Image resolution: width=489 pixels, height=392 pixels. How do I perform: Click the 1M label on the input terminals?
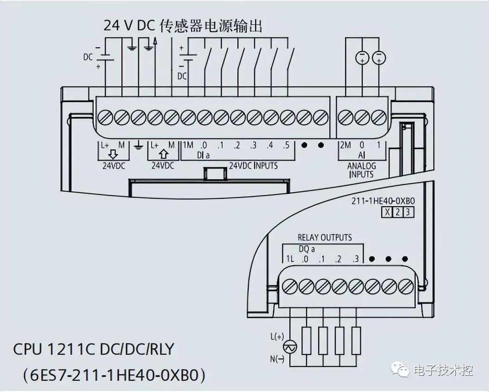[188, 145]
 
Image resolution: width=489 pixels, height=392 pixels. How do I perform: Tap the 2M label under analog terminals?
[345, 145]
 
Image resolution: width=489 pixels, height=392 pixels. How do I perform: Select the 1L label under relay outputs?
[290, 259]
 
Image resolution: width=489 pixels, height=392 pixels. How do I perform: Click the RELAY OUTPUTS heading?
[325, 238]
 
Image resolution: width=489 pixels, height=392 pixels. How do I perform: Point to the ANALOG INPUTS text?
[361, 170]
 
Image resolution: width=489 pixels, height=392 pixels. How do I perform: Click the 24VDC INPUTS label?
[253, 165]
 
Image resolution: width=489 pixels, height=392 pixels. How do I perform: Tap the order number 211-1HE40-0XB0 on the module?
[383, 201]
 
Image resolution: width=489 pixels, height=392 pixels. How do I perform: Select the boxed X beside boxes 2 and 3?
[386, 213]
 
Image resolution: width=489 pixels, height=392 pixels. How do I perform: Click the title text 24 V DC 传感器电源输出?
[183, 26]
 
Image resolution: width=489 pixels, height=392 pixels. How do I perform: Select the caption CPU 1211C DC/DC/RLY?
[93, 349]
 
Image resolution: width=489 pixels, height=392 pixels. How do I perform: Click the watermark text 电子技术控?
[443, 371]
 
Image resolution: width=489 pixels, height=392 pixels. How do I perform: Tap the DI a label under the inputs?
[203, 155]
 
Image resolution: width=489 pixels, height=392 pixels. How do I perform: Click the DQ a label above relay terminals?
[306, 248]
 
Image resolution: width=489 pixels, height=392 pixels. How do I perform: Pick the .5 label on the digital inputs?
[286, 145]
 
